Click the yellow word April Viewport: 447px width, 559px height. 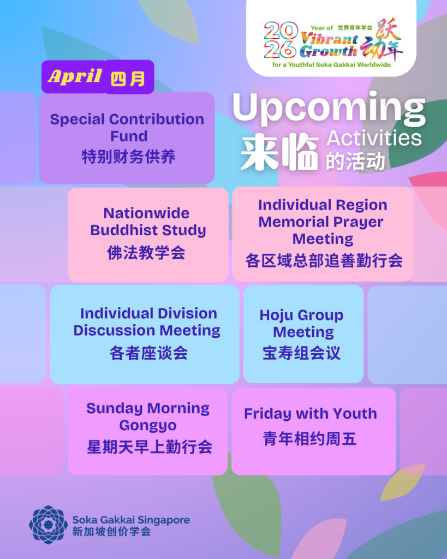pyautogui.click(x=75, y=76)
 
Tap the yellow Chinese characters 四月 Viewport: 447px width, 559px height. pyautogui.click(x=128, y=79)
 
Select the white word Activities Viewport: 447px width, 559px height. pyautogui.click(x=374, y=138)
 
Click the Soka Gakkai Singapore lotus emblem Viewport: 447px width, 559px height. pyautogui.click(x=48, y=525)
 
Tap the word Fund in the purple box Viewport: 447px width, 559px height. pyautogui.click(x=129, y=136)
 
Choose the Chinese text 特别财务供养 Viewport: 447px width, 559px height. pyautogui.click(x=129, y=157)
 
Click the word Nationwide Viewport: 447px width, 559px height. pyautogui.click(x=146, y=213)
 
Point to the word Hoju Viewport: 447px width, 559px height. pyautogui.click(x=276, y=316)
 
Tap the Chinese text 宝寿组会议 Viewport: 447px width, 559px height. pyautogui.click(x=302, y=353)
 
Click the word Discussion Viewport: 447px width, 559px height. pyautogui.click(x=115, y=330)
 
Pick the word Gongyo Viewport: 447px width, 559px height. pyautogui.click(x=148, y=426)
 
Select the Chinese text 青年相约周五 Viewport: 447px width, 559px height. pyautogui.click(x=309, y=438)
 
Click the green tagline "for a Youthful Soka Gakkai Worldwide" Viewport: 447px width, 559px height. pyautogui.click(x=331, y=65)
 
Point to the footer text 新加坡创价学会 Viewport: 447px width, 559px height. pyautogui.click(x=111, y=532)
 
